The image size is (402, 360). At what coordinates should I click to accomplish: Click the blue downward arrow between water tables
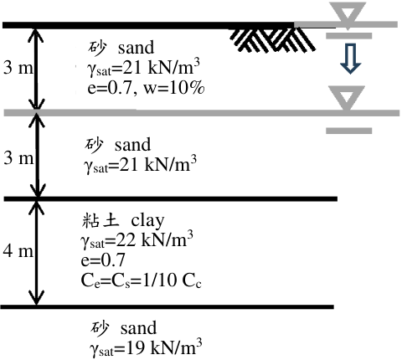pos(351,59)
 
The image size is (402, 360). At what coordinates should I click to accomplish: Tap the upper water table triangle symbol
pos(348,14)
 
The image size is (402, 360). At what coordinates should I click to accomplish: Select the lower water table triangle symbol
pos(347,97)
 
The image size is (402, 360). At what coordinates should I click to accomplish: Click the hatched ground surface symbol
pos(272,39)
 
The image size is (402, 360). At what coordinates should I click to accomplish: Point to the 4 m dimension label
pos(18,251)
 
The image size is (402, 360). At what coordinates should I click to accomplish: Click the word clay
pos(147,221)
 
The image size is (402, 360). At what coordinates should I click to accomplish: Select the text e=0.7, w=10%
pos(146,88)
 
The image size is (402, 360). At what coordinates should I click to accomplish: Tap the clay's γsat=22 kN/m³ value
pos(137,240)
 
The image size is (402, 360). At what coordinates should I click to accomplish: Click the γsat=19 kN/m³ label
pos(146,347)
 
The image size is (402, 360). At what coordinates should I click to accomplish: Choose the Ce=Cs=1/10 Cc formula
pos(141,280)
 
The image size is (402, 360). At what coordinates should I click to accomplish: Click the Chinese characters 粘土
pos(100,220)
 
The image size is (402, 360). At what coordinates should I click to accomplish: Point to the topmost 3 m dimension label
pos(18,68)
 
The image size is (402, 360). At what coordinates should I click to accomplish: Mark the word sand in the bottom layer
pos(138,328)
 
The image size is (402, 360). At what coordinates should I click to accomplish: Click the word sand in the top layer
pos(136,47)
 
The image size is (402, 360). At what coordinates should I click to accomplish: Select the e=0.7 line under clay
pos(103,260)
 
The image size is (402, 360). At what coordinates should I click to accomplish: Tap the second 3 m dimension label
pos(18,158)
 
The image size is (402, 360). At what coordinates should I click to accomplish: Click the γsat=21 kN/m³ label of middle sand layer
pos(140,165)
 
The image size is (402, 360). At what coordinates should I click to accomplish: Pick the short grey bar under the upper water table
pos(349,36)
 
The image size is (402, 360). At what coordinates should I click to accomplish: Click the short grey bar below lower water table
pos(349,131)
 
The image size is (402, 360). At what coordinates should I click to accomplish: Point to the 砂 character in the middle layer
pos(94,145)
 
